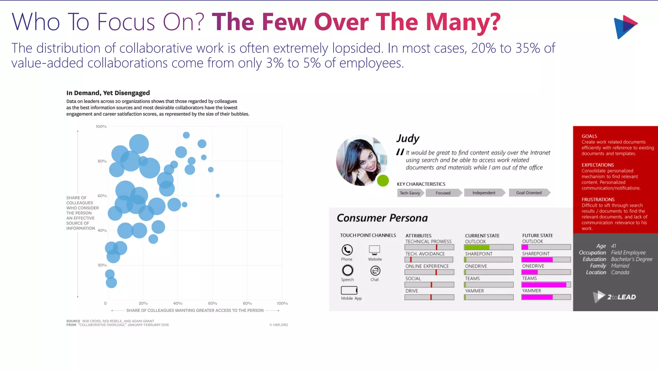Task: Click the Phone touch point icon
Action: point(347,250)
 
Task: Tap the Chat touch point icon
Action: point(375,271)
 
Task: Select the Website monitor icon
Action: point(375,250)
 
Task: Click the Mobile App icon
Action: point(349,290)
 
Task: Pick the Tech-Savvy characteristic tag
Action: point(410,193)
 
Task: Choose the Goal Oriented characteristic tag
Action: point(529,193)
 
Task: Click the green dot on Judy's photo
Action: point(383,181)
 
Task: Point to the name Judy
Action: point(408,138)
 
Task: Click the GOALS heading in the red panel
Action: point(589,136)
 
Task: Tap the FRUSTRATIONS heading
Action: point(598,199)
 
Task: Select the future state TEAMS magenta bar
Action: point(544,285)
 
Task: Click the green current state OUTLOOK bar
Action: point(477,247)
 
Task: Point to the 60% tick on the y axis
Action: point(102,196)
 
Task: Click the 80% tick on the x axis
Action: point(247,303)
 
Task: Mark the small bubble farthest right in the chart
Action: point(218,196)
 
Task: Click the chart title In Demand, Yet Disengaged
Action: point(108,93)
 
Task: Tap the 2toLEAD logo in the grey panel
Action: point(615,297)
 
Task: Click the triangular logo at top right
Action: point(625,27)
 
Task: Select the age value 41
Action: point(614,246)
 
